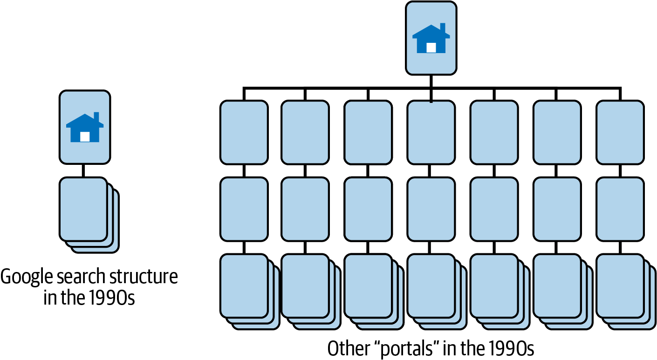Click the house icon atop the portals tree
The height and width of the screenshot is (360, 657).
pos(431,38)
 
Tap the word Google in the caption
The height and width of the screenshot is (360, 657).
pos(25,277)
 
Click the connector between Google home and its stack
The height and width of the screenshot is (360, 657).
pos(84,170)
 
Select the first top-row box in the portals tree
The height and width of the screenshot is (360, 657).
pos(244,132)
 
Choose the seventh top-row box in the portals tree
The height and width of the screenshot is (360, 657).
pos(620,132)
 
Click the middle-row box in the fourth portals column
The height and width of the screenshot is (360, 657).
pos(431,210)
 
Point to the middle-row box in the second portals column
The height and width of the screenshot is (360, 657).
pos(305,210)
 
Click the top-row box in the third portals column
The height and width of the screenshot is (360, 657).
pos(368,132)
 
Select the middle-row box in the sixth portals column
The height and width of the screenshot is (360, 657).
pos(557,210)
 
